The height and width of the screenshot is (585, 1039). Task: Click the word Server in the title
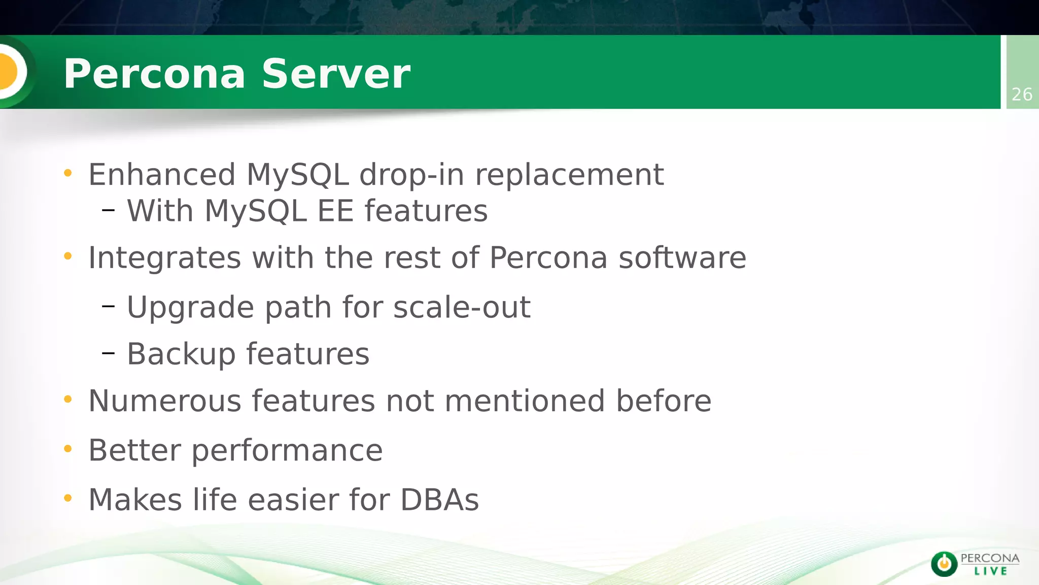[x=335, y=74]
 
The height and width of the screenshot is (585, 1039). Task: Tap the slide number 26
[x=1022, y=94]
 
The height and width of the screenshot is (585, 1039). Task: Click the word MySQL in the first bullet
[x=298, y=175]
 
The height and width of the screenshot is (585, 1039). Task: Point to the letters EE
[x=335, y=211]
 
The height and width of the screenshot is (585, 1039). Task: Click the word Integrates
[x=164, y=258]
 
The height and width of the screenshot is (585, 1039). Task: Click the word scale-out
[x=462, y=307]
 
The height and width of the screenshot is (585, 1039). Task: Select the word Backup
[x=181, y=354]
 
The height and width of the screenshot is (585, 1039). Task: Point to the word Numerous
[x=164, y=401]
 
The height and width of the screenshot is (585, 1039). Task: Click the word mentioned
[x=525, y=401]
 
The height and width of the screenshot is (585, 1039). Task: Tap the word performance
[x=287, y=451]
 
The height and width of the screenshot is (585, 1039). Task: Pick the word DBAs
[x=439, y=500]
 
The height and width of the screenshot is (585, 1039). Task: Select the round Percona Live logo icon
[x=944, y=564]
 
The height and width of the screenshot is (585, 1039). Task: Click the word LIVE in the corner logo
[x=990, y=571]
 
